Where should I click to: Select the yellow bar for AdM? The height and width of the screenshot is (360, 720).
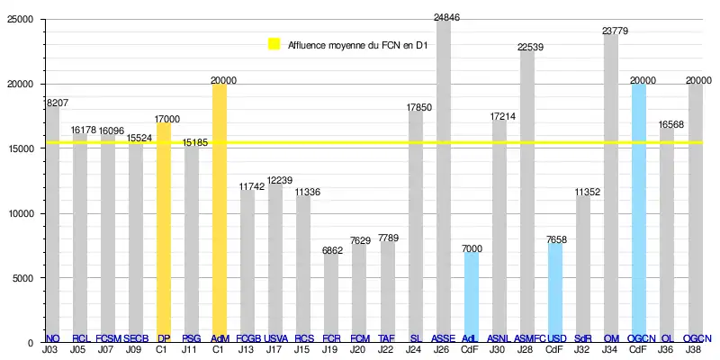click(219, 216)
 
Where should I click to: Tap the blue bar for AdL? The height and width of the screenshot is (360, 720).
click(471, 297)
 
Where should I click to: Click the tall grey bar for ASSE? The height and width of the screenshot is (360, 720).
click(443, 180)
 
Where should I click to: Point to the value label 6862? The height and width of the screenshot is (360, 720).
click(331, 250)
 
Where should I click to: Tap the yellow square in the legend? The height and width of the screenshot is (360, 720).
click(274, 44)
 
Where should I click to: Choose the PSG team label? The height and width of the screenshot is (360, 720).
click(191, 338)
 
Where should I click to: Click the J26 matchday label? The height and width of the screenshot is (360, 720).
click(443, 349)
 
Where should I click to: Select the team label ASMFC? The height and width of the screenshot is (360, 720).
click(526, 338)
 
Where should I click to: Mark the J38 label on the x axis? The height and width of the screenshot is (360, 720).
click(695, 349)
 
